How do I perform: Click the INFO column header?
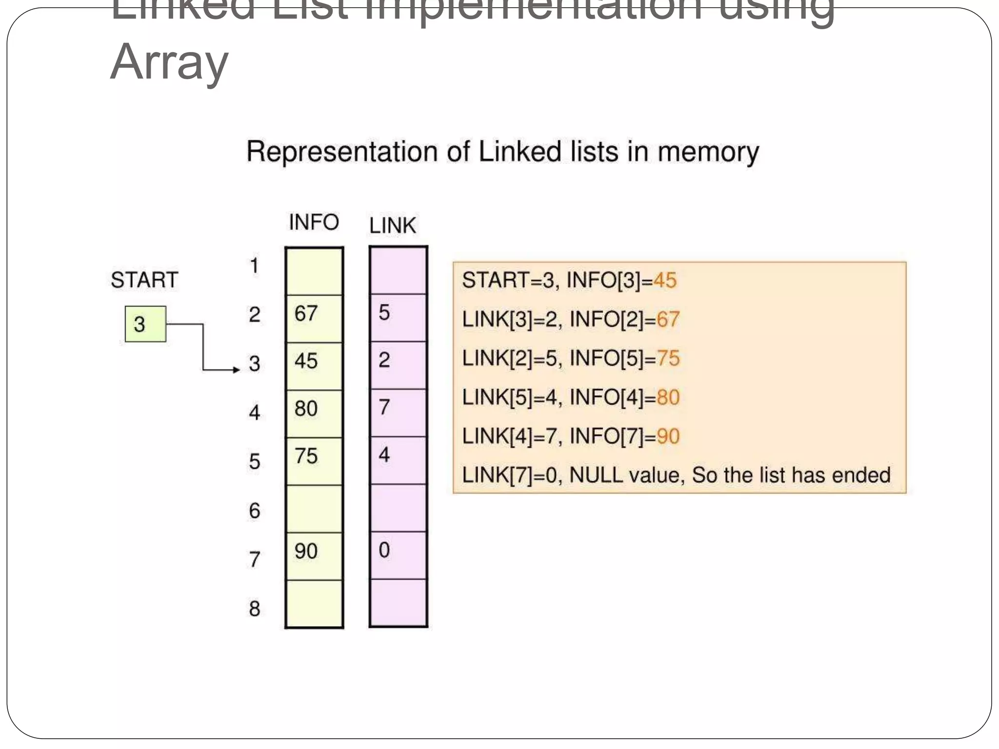(314, 222)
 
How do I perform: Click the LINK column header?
(392, 226)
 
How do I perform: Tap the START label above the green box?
(144, 280)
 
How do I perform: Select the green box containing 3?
(145, 324)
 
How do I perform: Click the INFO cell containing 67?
(314, 318)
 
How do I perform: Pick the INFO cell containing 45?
(314, 366)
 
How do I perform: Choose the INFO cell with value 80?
(314, 413)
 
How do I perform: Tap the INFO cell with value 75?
(314, 460)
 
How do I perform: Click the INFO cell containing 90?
(314, 555)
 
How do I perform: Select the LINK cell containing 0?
(398, 555)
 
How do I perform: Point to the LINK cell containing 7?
(398, 412)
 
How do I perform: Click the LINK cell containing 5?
(398, 317)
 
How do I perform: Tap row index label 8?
(254, 609)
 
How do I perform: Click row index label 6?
(254, 511)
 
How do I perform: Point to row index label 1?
(254, 266)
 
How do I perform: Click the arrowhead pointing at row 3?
(237, 370)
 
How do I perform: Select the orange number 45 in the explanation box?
(664, 280)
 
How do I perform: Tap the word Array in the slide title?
(169, 62)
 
